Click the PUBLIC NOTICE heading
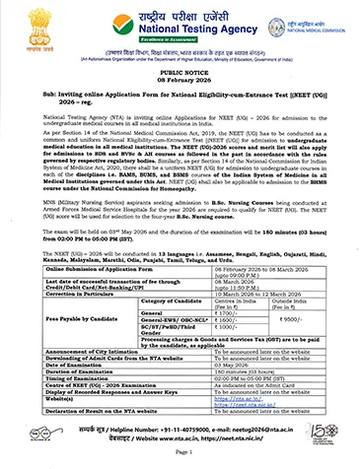tap(180, 72)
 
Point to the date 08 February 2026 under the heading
tap(180, 80)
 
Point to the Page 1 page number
tap(180, 454)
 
